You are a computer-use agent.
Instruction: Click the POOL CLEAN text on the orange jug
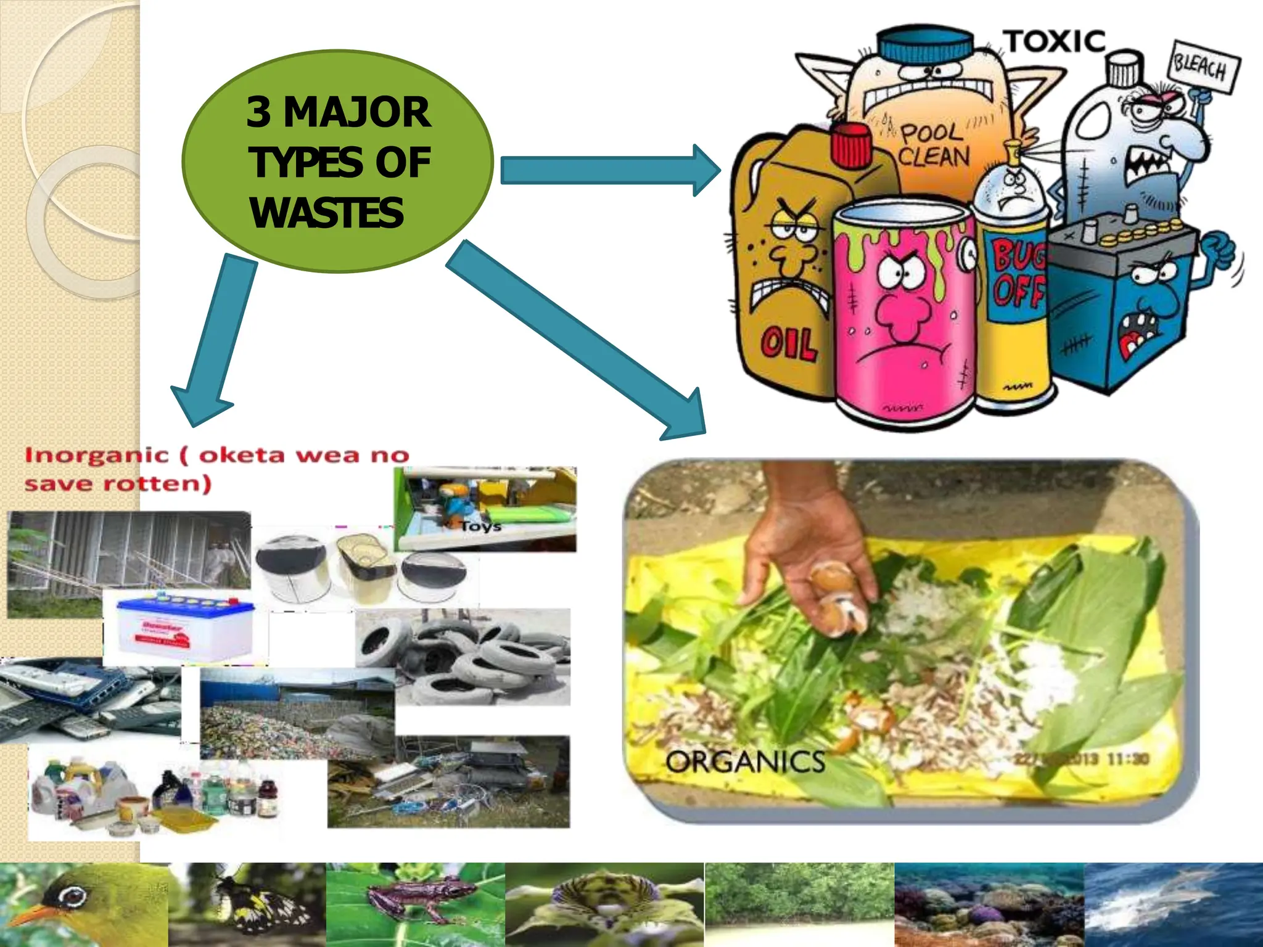[932, 146]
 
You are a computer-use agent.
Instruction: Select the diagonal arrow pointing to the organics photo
[580, 339]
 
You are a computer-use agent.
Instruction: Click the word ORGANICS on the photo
[745, 762]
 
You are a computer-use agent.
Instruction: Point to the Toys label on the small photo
[481, 526]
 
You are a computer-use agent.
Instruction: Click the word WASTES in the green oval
[327, 213]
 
